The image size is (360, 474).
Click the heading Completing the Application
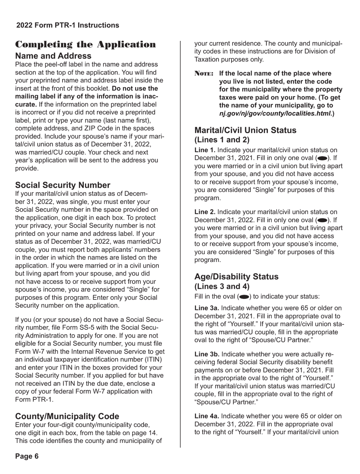(85, 45)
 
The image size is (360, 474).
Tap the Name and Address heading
(53, 56)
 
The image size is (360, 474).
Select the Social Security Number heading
(63, 185)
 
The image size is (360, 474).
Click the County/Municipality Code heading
(67, 416)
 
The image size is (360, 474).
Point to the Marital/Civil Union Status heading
(245, 130)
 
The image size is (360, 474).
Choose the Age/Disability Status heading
(236, 276)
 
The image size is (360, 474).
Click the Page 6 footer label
(27, 456)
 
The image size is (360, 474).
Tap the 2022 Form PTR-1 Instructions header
(67, 25)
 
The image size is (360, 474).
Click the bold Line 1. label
(205, 150)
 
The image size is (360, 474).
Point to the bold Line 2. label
(205, 212)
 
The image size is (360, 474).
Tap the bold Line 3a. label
(207, 308)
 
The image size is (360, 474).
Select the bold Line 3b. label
(207, 354)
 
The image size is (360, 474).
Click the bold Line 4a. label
(207, 416)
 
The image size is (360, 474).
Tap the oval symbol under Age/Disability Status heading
(244, 296)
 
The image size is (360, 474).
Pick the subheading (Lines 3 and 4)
(222, 286)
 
